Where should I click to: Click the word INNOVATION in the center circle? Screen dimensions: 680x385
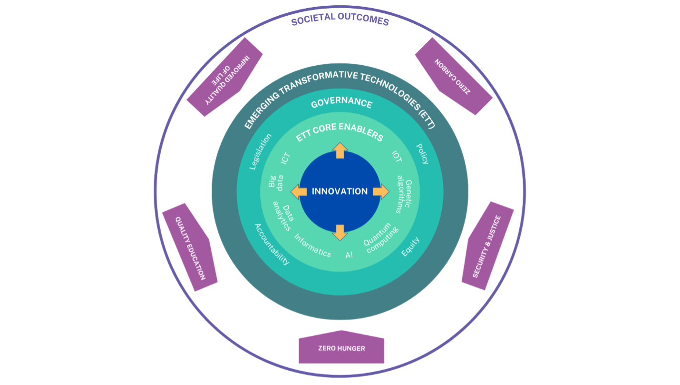pos(340,191)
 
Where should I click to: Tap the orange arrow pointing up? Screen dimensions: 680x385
pos(340,151)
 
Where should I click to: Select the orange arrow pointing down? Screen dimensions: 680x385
pos(340,233)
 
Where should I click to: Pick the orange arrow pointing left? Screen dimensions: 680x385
pos(299,192)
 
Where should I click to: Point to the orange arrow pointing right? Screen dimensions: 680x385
pos(381,192)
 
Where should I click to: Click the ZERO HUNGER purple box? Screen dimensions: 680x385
pos(341,347)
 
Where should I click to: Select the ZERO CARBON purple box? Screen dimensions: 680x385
pos(454,76)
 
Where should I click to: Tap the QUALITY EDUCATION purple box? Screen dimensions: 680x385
pos(190,247)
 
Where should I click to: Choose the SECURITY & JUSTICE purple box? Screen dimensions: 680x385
pos(488,246)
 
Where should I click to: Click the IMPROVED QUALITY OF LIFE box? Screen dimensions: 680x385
pos(224,77)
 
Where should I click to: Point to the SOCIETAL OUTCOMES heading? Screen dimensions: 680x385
pos(340,19)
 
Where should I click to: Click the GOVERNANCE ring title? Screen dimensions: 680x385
pos(341,102)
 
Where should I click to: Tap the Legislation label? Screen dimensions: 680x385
pos(260,151)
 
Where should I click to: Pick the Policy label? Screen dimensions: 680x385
pos(422,154)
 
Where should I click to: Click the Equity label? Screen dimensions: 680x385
pos(410,247)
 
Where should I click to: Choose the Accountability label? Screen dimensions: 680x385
pos(272,244)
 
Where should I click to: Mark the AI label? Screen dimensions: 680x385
pos(349,255)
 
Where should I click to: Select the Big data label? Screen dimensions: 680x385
pos(276,182)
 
